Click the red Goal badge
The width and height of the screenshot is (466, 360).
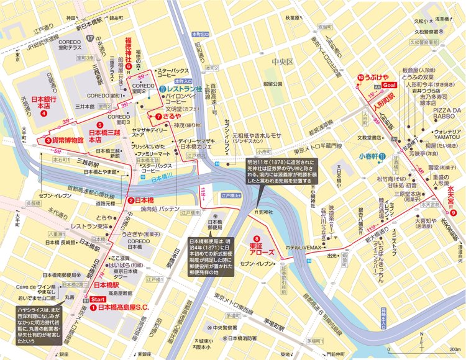coord(389,84)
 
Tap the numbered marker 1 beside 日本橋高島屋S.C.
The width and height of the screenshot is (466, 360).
coord(93,307)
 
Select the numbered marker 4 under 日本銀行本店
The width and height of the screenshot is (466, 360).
coord(43,114)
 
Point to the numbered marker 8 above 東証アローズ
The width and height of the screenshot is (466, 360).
coord(257,239)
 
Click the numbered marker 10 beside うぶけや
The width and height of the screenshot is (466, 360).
coord(360,77)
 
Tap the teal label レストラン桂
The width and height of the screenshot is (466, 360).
coord(185,89)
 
